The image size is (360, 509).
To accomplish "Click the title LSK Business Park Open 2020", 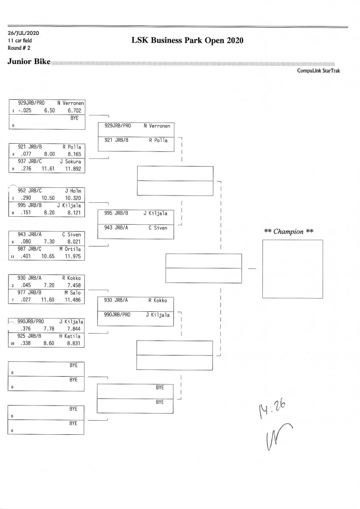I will [x=188, y=41].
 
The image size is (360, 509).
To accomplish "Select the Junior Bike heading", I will [x=28, y=62].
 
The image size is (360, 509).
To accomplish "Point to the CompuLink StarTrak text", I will [x=318, y=71].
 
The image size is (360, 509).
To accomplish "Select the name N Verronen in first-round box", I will [x=71, y=103].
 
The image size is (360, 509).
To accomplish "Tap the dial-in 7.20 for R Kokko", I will [x=49, y=285].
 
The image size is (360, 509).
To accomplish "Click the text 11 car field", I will [x=20, y=40].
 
